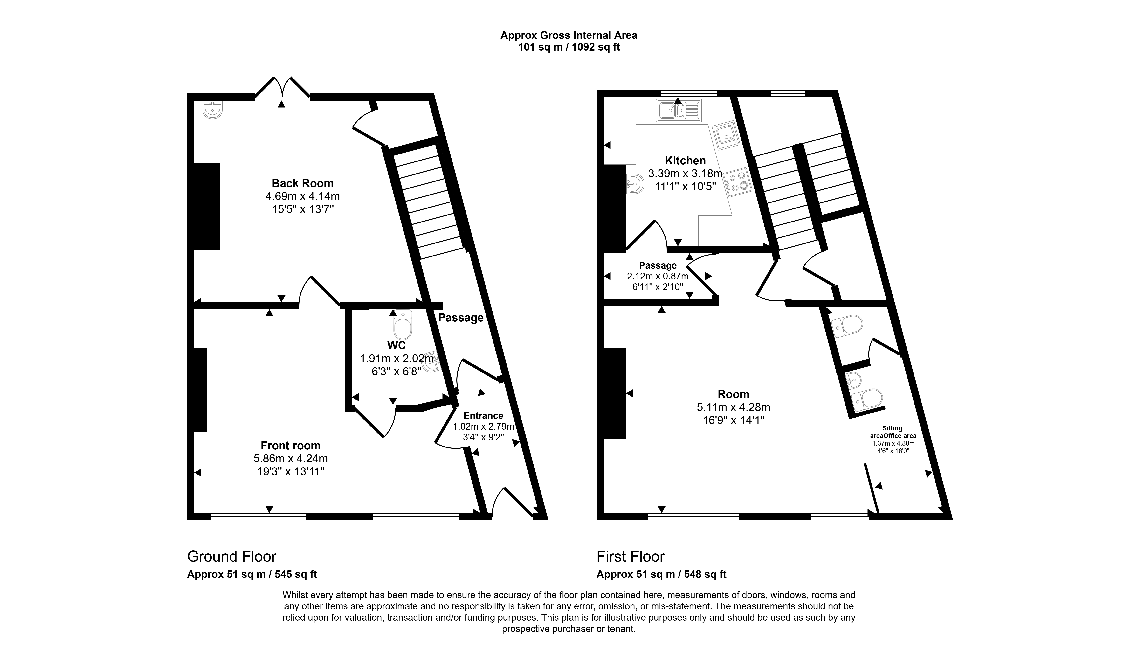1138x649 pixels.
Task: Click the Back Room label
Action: point(303,183)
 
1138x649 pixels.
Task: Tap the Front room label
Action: point(291,445)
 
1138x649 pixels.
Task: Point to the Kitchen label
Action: point(685,161)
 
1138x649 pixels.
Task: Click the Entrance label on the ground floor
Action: point(483,415)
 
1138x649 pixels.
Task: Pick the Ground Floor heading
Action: point(232,556)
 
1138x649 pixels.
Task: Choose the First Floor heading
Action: point(631,556)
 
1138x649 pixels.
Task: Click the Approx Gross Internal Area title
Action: point(569,35)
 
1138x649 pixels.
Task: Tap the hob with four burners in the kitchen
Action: point(738,182)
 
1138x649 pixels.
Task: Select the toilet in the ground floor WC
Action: point(403,325)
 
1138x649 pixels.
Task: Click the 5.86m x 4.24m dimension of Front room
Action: point(291,458)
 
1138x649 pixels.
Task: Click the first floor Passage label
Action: point(658,266)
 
